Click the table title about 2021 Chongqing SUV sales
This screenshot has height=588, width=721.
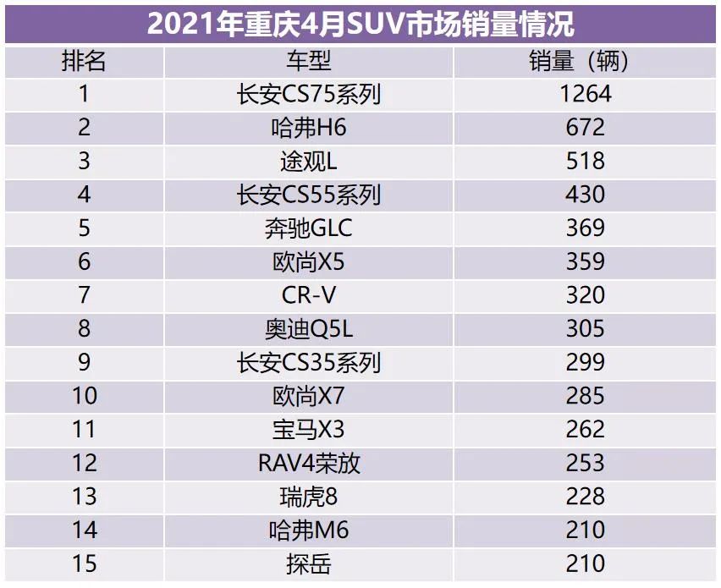[x=360, y=24]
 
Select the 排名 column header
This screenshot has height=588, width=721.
[x=84, y=61]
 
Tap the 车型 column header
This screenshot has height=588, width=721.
[x=308, y=61]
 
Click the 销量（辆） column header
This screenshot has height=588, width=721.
[x=586, y=61]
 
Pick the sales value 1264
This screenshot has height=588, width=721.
[x=586, y=94]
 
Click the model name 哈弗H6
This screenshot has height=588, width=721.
[x=308, y=128]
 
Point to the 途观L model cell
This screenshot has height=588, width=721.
[x=308, y=161]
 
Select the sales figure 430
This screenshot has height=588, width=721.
[x=586, y=195]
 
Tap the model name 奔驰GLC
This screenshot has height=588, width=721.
[x=308, y=228]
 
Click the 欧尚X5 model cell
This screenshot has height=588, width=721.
[x=308, y=261]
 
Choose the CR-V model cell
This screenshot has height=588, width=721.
[x=308, y=295]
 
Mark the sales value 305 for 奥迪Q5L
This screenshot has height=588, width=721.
[x=586, y=328]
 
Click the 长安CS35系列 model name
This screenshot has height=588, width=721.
[x=308, y=362]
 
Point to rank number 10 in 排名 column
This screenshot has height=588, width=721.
[x=84, y=396]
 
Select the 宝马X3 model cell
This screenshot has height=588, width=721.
[x=308, y=429]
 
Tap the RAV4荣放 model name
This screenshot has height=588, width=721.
[x=308, y=463]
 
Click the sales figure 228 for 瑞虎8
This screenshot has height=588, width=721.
[x=586, y=496]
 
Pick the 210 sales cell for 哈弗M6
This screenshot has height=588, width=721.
[x=586, y=530]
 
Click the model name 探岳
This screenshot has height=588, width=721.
[x=308, y=563]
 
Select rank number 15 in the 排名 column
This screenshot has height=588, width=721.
[x=84, y=563]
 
